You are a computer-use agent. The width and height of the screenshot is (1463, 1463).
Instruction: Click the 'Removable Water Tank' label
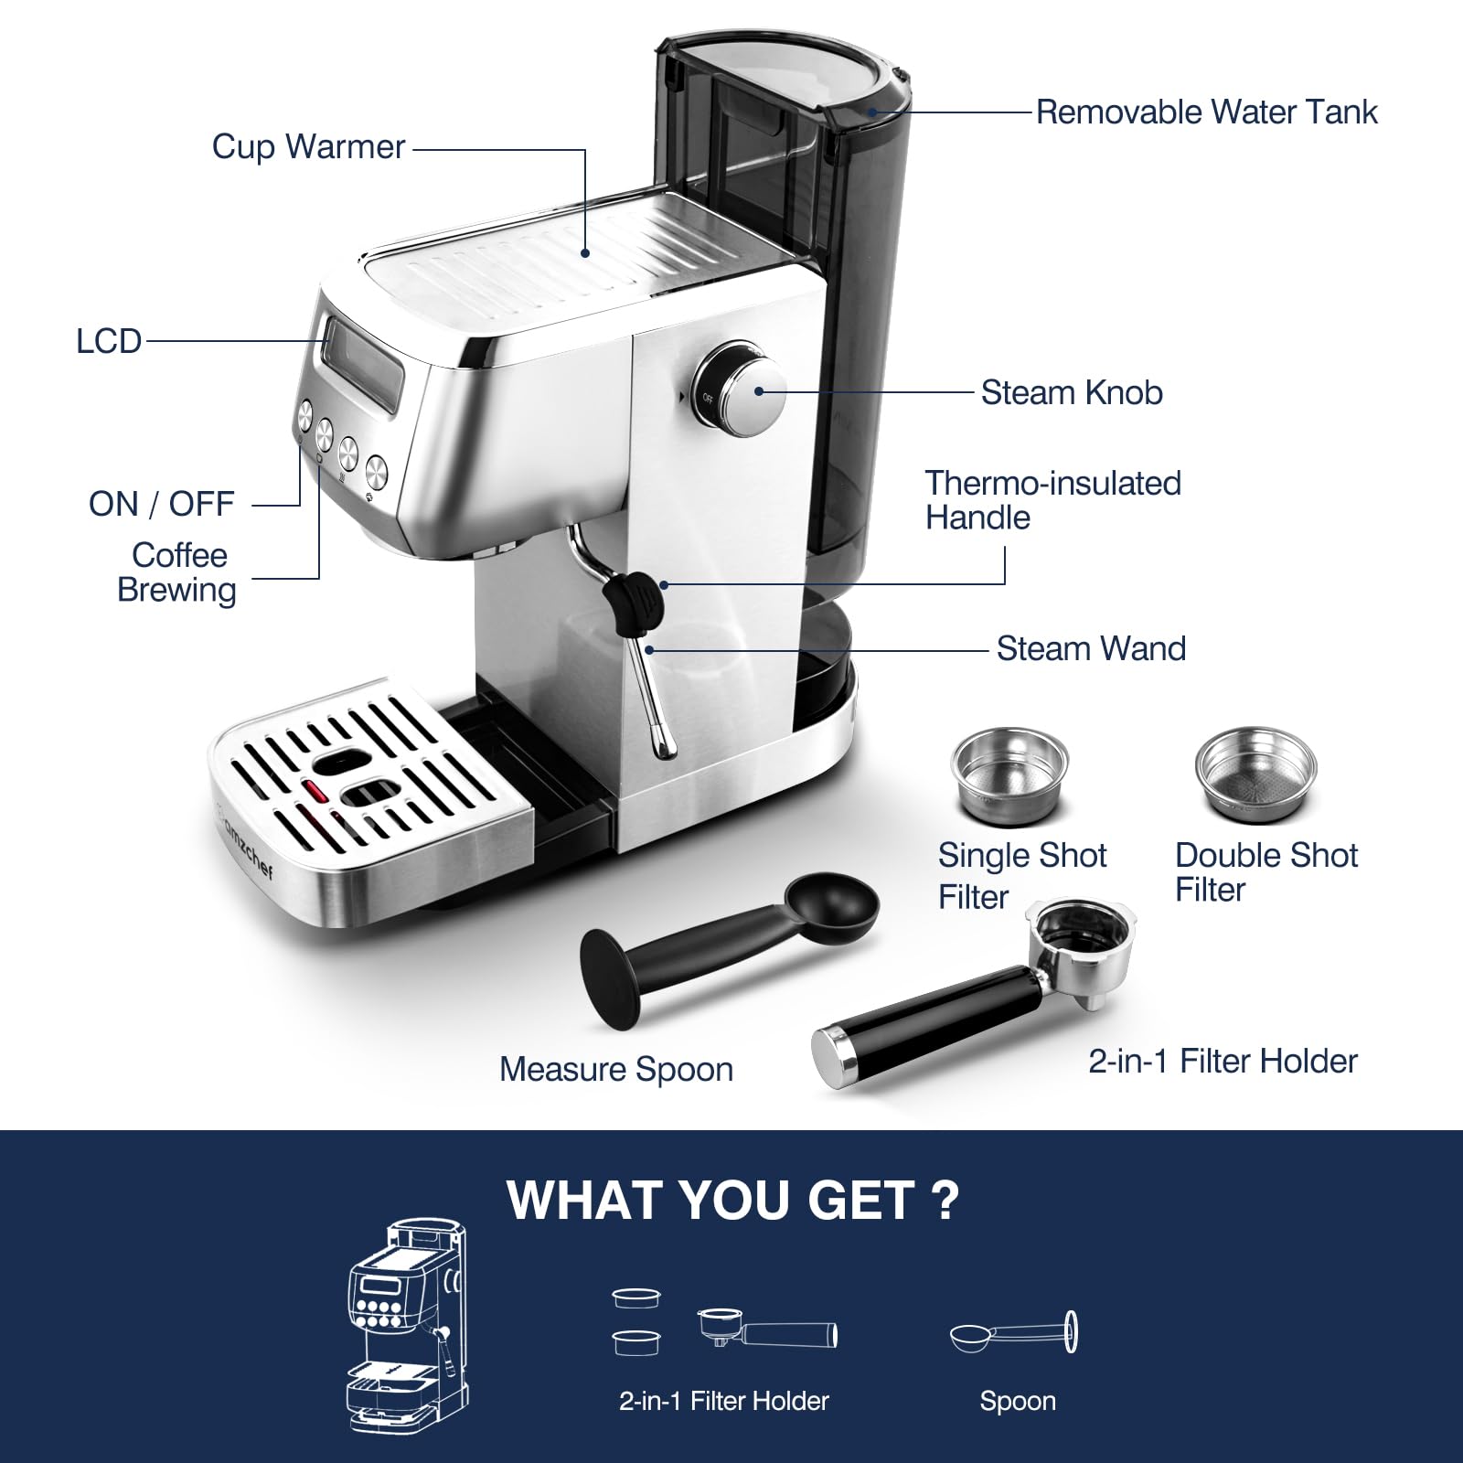[x=1206, y=112]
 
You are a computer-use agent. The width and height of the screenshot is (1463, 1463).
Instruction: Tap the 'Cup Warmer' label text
[x=308, y=147]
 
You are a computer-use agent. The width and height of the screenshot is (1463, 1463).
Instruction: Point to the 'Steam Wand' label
[x=1091, y=649]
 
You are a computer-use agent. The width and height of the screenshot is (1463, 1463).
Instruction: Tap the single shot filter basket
[x=1009, y=775]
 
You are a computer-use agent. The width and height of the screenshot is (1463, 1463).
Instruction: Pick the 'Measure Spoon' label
[x=616, y=1070]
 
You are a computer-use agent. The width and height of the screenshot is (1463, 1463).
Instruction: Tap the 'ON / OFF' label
[x=162, y=504]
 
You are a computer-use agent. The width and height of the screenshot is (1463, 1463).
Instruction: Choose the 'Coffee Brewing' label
[x=177, y=572]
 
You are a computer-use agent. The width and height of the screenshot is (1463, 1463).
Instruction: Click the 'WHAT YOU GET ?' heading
[x=733, y=1200]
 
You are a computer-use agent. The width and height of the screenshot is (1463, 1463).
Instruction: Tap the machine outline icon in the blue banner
[x=409, y=1324]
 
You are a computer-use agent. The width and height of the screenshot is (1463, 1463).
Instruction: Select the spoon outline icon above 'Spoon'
[x=1014, y=1334]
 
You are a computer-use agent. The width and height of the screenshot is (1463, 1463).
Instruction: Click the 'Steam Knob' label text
[x=1072, y=393]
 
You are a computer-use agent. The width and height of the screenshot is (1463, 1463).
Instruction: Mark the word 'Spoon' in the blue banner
[x=1018, y=1401]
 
